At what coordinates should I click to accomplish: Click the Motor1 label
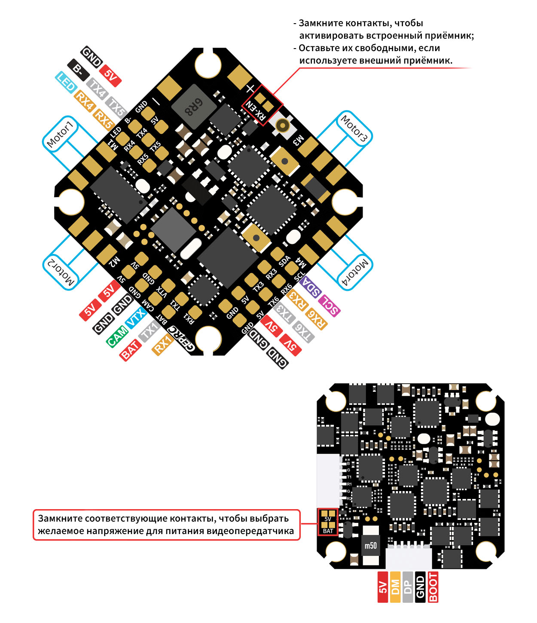coord(61,134)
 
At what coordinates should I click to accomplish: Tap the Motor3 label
coord(354,128)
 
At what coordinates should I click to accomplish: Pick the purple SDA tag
coord(311,287)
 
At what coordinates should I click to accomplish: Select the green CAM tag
coord(117,336)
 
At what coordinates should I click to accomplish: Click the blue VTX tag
coord(136,317)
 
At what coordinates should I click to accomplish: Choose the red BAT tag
coord(130,350)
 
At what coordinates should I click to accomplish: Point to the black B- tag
coord(78,69)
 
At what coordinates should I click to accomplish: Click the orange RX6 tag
coord(316,319)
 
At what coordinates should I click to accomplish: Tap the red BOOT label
coord(433,587)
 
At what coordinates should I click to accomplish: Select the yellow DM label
coord(395,587)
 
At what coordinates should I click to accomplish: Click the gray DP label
coord(408,587)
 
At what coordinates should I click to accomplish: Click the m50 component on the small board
coord(371,546)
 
